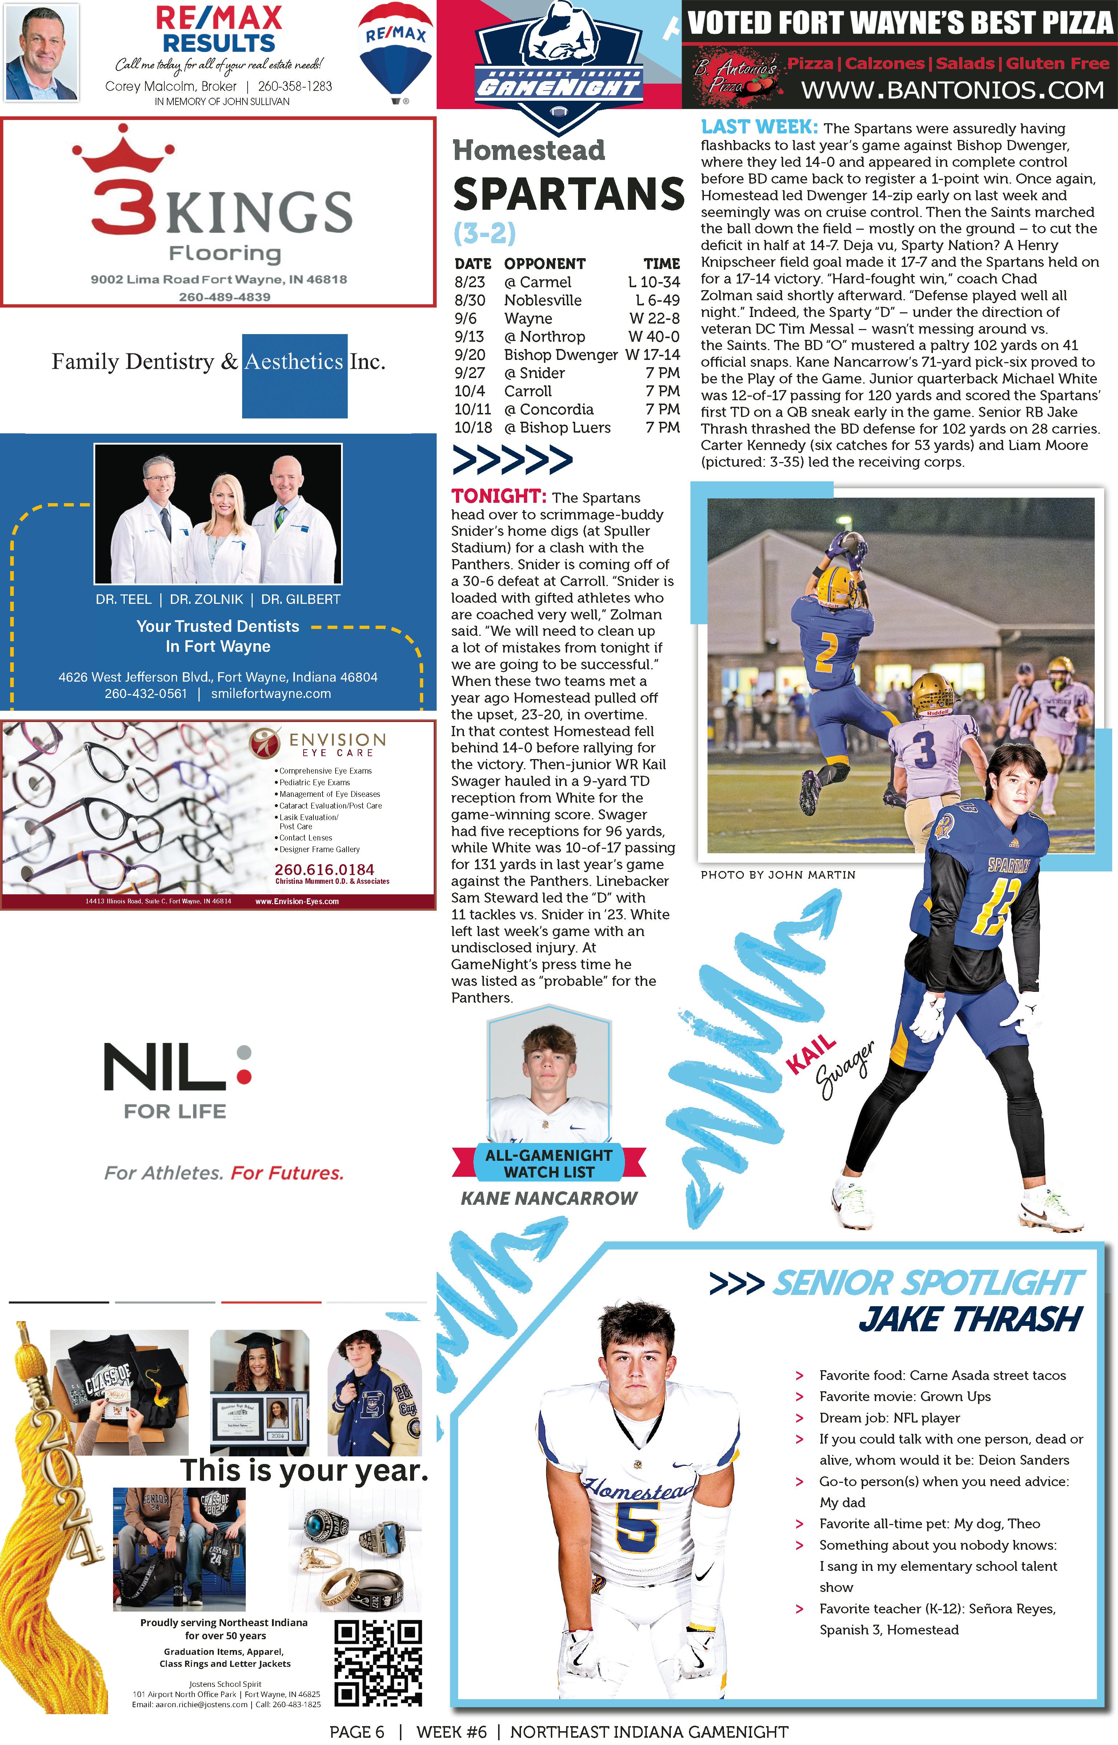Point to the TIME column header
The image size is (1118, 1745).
[661, 264]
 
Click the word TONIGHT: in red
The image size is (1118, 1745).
[498, 497]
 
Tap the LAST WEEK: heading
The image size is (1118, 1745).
[759, 128]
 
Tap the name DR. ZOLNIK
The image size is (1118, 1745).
[206, 599]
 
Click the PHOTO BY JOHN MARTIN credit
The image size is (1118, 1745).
[778, 875]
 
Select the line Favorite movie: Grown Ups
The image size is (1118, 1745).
[905, 1397]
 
